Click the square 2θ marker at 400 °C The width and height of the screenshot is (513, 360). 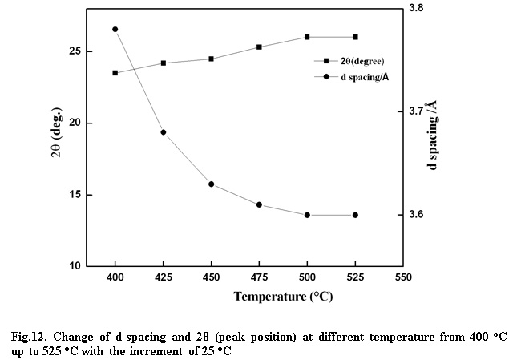tap(115, 73)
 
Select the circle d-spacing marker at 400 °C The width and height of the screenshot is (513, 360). tap(115, 30)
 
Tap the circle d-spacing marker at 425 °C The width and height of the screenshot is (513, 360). tap(164, 132)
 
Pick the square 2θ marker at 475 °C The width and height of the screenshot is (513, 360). tap(259, 47)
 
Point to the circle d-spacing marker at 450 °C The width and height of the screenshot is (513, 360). tap(212, 184)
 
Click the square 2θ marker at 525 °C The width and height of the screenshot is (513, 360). tap(355, 37)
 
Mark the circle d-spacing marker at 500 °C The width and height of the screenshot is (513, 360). tap(307, 215)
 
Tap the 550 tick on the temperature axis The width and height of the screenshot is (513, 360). tap(403, 277)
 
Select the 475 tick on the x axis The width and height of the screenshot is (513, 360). tap(259, 277)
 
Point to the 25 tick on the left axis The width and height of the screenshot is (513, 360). tap(75, 51)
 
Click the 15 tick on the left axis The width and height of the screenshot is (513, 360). tap(75, 195)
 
